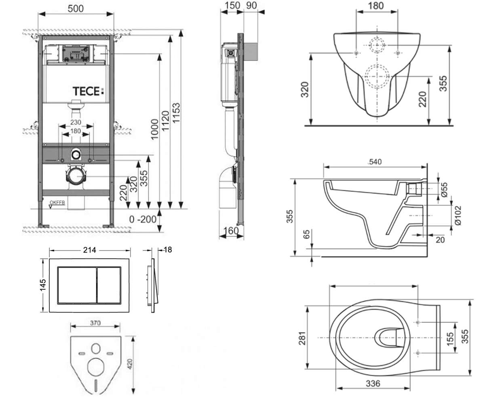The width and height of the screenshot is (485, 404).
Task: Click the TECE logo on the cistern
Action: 88,91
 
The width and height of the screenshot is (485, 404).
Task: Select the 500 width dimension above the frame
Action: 76,8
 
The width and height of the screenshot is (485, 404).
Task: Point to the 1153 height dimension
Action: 176,113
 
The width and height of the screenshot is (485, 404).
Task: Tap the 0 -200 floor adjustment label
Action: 143,219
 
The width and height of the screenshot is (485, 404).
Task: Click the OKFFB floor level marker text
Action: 57,202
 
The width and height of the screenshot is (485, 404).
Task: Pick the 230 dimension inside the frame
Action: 76,122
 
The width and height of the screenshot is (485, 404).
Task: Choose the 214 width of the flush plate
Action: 89,250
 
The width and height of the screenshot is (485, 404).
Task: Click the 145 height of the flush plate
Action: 43,285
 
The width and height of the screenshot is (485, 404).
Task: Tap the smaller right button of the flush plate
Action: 109,285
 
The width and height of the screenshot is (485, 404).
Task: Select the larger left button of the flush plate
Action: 77,285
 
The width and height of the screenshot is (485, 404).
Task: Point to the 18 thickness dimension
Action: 168,250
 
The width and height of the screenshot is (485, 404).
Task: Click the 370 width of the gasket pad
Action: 95,323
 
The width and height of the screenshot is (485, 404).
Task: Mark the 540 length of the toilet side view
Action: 375,162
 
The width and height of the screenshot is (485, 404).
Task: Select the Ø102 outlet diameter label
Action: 458,215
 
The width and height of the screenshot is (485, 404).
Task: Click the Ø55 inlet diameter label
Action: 444,190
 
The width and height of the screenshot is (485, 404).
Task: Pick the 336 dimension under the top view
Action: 373,383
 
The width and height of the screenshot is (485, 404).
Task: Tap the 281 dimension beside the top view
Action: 302,339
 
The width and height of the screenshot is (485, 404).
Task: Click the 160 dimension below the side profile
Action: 231,231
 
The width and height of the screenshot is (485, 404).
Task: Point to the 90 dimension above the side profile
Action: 251,5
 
